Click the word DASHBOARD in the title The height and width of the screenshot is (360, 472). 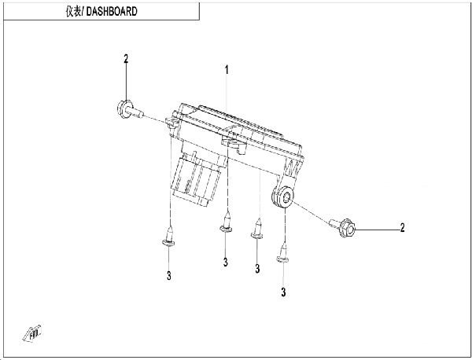pos(112,12)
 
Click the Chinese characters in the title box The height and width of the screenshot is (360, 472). pos(73,12)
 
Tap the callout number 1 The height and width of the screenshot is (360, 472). pos(227,70)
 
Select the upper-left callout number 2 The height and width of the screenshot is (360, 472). pos(126,59)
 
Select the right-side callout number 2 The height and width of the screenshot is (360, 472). pos(403,228)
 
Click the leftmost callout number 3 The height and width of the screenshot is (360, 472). pos(169,275)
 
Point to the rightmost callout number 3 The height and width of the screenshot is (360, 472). pos(283,292)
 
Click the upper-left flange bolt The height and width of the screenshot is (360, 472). pos(129,110)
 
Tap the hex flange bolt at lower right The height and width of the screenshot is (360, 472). pos(343,227)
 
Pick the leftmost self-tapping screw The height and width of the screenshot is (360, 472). pos(169,237)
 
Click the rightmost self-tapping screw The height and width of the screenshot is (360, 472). pos(283,253)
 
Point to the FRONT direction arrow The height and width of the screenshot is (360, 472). pos(32,333)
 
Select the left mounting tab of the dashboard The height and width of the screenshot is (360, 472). pos(171,123)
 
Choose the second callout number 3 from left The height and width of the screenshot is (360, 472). pos(226,263)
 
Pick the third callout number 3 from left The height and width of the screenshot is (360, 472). pos(257,269)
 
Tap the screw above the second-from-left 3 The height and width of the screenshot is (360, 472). pos(226,222)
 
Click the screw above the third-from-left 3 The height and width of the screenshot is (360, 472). pos(257,229)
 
